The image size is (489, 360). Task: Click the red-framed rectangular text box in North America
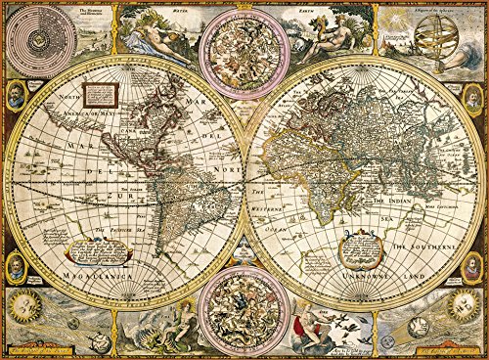click(99, 95)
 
